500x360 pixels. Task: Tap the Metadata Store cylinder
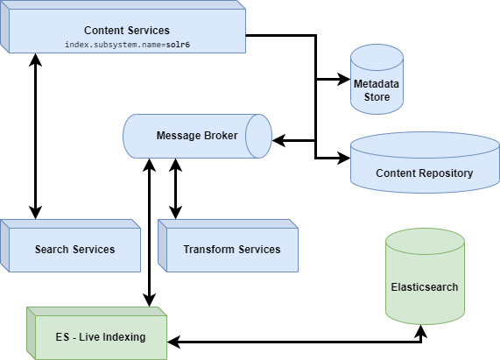tap(377, 81)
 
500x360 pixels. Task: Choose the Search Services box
tap(74, 249)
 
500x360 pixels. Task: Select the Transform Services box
tap(231, 249)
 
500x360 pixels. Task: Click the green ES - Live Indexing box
tap(96, 336)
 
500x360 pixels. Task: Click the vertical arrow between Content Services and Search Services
tap(36, 136)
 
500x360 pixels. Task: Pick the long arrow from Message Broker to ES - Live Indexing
tap(150, 232)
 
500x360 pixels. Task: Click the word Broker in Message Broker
tap(215, 136)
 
